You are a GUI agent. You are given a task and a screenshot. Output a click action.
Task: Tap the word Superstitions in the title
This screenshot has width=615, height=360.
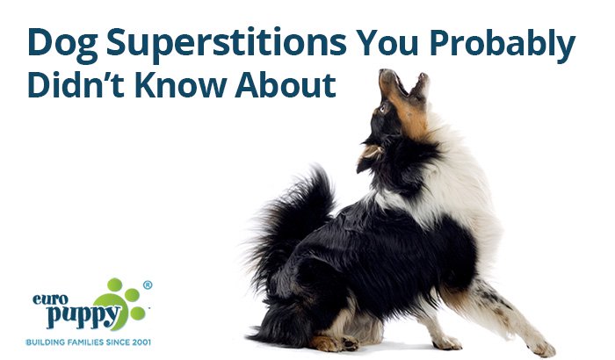tap(227, 42)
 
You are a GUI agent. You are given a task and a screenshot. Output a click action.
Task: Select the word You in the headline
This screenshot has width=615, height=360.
tap(387, 42)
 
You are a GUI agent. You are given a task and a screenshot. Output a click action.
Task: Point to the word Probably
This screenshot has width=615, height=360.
tap(503, 44)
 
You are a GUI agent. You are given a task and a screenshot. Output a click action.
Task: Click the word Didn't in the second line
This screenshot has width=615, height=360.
tap(76, 84)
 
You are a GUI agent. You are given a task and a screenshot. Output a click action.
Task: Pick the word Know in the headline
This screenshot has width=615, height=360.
tap(180, 84)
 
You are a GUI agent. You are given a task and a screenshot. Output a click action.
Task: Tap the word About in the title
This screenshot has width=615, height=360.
tap(286, 84)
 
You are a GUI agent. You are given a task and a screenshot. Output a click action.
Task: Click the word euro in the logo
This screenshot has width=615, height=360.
tap(50, 299)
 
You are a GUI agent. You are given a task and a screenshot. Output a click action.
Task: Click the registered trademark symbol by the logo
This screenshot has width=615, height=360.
tap(148, 285)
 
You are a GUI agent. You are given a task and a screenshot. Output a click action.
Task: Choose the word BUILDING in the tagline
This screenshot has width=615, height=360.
tap(46, 342)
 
